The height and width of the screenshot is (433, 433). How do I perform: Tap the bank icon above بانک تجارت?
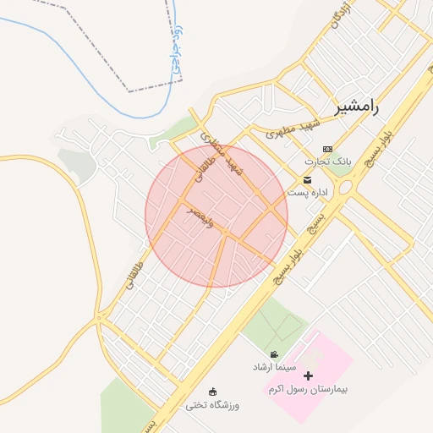point(327,149)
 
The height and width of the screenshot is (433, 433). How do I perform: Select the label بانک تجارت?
point(328,161)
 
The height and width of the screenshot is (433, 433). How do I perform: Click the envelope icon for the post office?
point(307,179)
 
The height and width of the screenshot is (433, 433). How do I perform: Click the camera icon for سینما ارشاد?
point(274,354)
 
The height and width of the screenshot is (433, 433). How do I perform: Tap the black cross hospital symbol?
point(308,375)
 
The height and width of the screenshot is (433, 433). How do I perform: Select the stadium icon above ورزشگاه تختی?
point(213,392)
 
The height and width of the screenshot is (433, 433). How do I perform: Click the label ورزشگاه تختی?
point(213,405)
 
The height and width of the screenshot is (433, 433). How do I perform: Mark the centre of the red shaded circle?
point(216,216)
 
